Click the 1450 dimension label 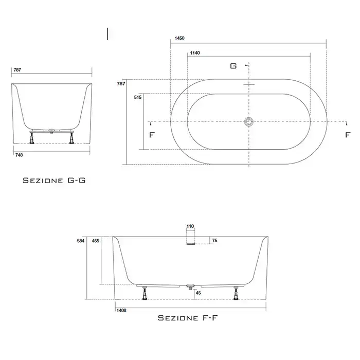coord(179,38)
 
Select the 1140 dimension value coord(195,53)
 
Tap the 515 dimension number coord(138,97)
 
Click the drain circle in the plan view coord(249,122)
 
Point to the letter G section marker coord(233,66)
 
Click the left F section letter coord(152,135)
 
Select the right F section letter coord(348,135)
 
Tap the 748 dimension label coord(19,155)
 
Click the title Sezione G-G coord(54,181)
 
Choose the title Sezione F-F coord(187,318)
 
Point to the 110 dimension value coord(190,226)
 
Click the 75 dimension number coord(214,241)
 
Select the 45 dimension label coord(199,293)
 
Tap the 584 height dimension coord(81,241)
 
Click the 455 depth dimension coord(96,241)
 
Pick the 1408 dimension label coord(121,311)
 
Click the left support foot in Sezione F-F coord(145,293)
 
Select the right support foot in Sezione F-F coord(236,293)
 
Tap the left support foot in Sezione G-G coord(32,137)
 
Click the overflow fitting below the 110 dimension coord(191,243)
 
